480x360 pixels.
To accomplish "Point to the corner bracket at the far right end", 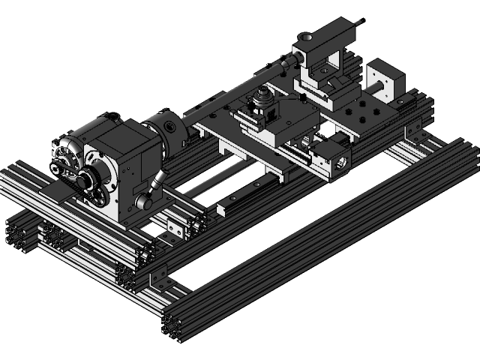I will pos(414,133).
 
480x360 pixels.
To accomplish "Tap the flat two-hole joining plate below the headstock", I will pos(175,229).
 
